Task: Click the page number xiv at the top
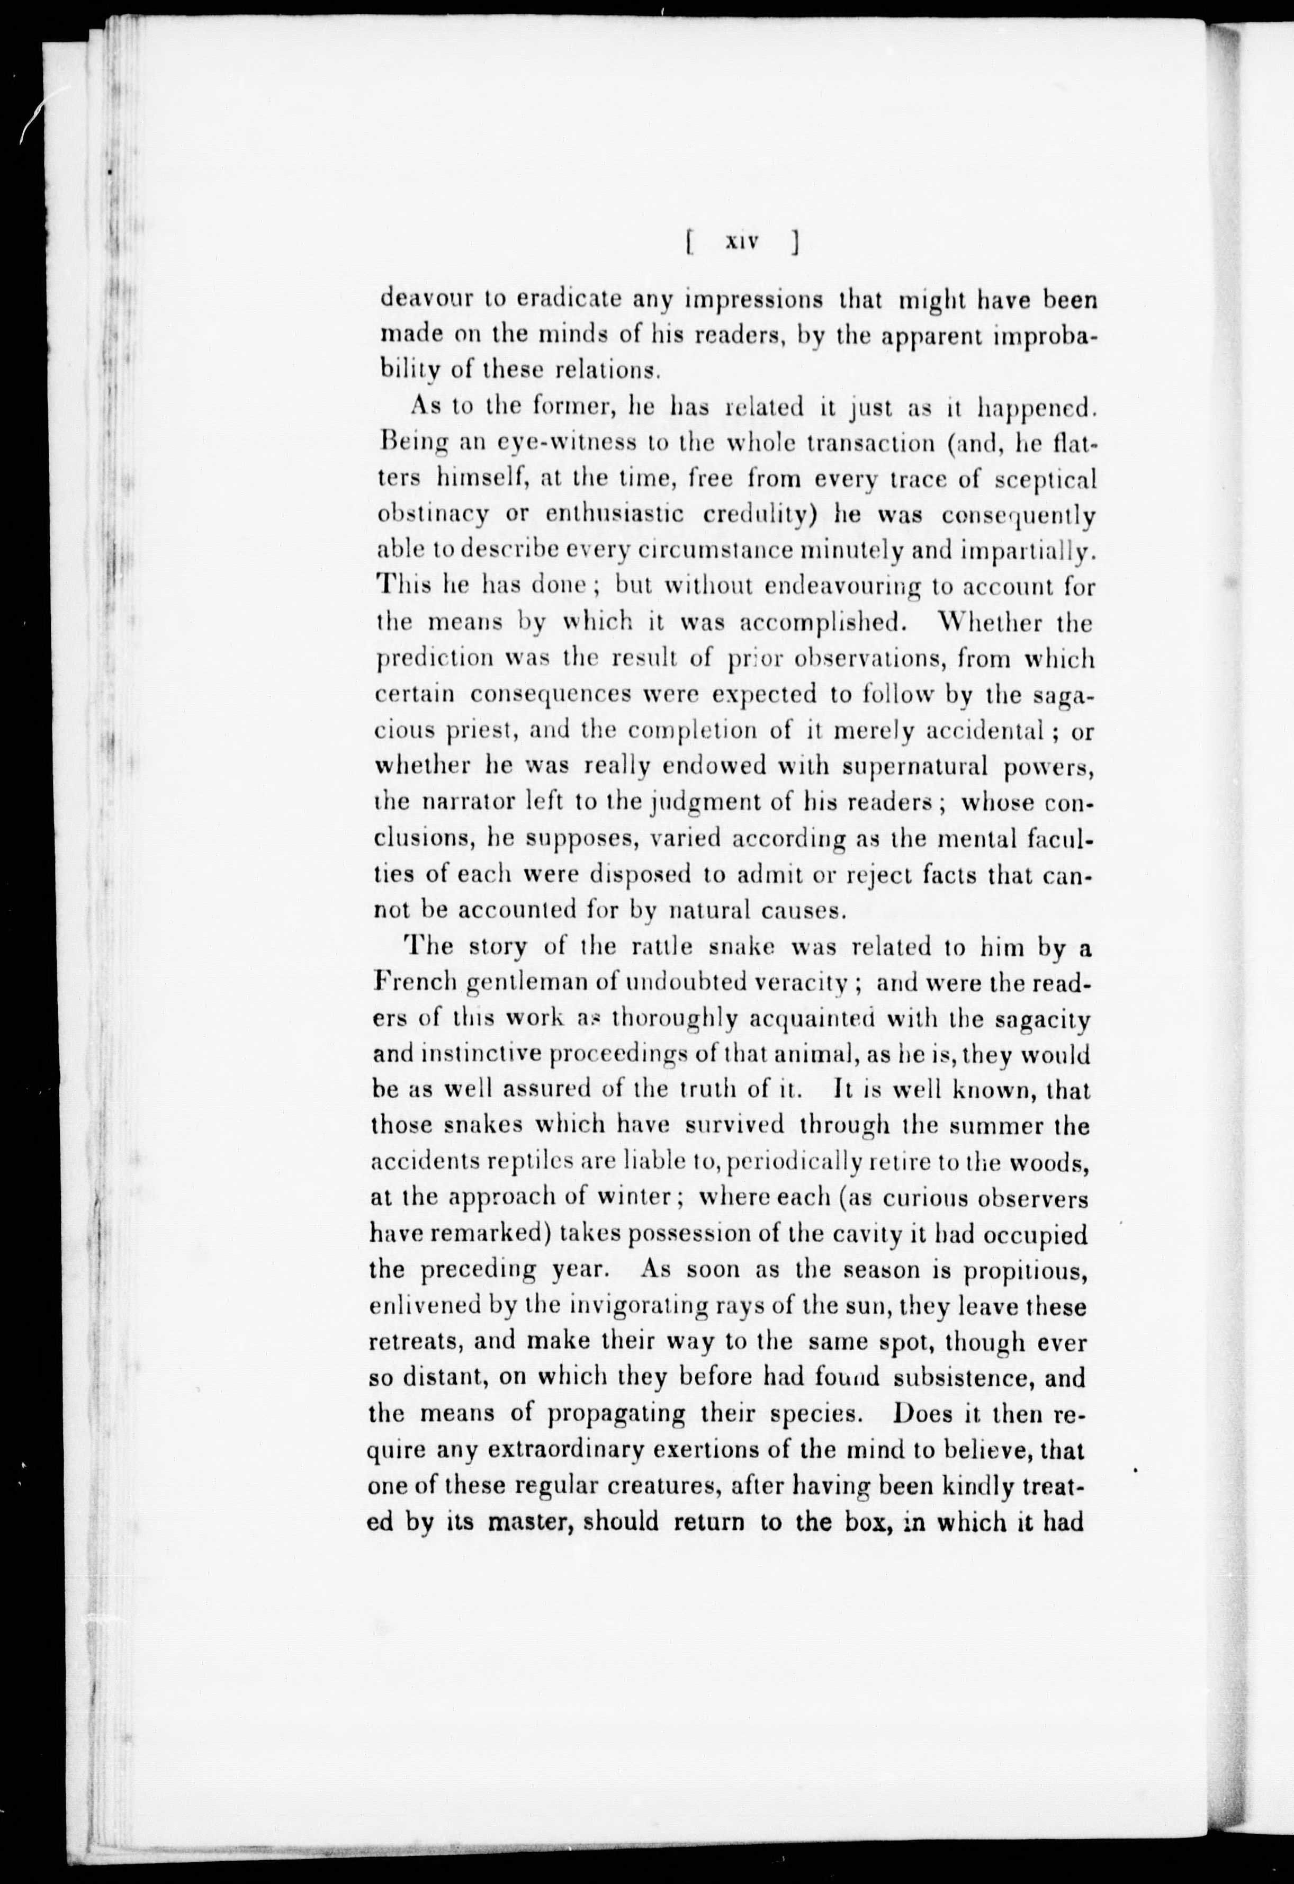point(741,241)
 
